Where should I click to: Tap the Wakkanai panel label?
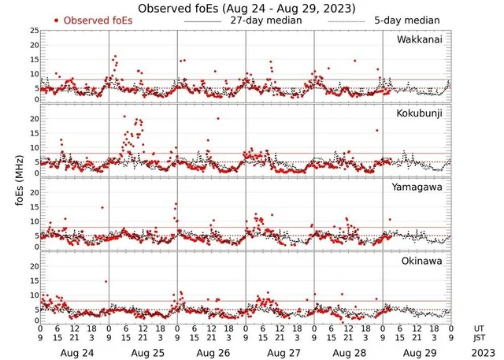tap(420, 39)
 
